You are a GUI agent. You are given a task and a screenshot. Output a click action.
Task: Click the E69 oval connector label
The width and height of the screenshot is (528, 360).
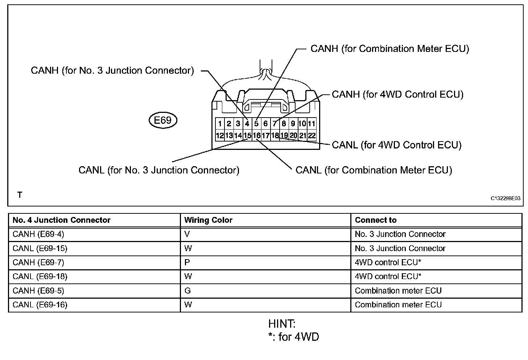[163, 120]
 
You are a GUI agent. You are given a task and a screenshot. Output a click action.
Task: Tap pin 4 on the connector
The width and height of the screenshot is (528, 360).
[247, 123]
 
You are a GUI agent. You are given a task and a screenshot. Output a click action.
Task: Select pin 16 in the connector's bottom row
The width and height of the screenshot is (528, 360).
[256, 136]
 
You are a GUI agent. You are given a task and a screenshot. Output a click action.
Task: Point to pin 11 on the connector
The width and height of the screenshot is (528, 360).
[312, 123]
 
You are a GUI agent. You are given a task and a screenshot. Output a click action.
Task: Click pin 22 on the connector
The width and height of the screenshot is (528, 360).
[312, 136]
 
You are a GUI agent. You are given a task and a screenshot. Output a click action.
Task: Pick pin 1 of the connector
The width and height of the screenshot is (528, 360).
[220, 123]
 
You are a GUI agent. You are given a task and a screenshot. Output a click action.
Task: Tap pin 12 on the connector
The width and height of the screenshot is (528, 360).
[220, 136]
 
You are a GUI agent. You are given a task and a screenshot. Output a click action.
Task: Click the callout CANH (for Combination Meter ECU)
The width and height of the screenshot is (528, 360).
[390, 49]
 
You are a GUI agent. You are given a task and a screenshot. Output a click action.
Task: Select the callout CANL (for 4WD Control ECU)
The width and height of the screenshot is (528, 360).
[397, 145]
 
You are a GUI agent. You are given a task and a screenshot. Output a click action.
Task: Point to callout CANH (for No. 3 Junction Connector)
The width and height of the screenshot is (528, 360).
[112, 70]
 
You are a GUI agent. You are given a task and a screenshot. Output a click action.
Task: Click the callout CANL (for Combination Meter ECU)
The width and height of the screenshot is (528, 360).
[374, 170]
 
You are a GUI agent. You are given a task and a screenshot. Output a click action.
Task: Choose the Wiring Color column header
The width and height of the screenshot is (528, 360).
[208, 220]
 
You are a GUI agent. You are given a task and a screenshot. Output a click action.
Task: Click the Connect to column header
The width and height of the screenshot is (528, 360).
[376, 220]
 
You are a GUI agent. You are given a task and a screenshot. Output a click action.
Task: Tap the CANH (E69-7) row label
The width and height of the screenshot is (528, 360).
[38, 262]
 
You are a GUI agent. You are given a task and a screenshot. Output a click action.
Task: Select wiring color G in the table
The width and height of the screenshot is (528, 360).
[187, 291]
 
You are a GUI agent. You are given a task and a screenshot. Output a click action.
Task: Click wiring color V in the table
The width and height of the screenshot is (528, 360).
[187, 234]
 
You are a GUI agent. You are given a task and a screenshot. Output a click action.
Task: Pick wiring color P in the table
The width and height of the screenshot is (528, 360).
[187, 262]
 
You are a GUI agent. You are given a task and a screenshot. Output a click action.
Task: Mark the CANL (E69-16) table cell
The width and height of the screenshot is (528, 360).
[40, 305]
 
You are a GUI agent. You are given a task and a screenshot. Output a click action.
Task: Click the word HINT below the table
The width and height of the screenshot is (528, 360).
[282, 324]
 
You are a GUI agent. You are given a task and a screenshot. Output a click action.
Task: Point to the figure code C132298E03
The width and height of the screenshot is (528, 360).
[506, 199]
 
